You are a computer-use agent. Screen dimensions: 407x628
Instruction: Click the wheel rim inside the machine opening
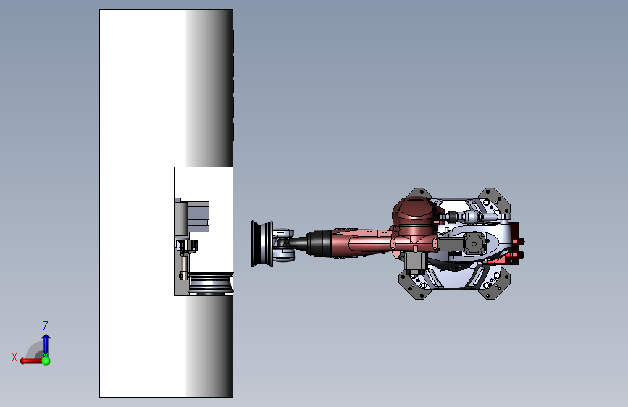point(210,283)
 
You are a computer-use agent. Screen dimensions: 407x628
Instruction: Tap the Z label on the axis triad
point(46,326)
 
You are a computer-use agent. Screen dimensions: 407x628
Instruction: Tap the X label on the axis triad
point(14,357)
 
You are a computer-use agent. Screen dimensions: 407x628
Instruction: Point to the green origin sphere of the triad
point(46,360)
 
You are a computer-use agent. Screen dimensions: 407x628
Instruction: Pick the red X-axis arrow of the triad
point(29,360)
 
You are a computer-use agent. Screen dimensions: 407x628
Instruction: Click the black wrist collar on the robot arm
point(319,243)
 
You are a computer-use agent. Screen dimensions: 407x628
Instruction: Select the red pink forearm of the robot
point(359,242)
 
